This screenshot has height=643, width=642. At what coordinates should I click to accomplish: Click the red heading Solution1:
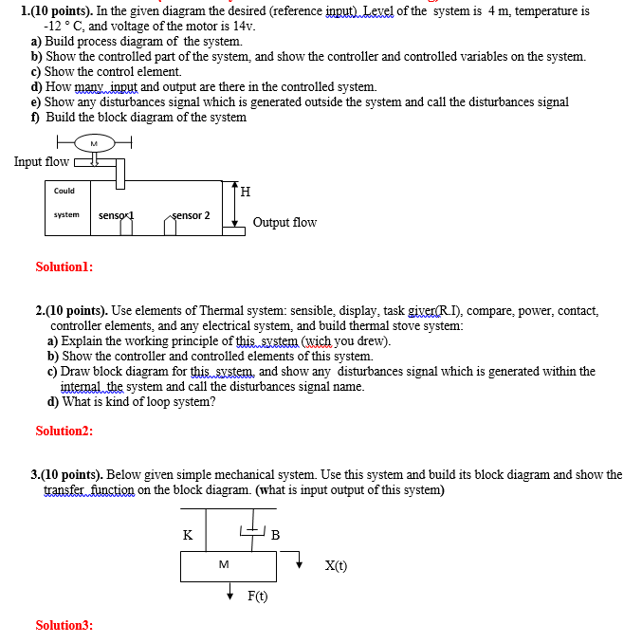click(64, 267)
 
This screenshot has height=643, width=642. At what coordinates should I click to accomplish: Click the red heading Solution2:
click(64, 431)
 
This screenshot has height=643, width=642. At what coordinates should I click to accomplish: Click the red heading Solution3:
click(64, 625)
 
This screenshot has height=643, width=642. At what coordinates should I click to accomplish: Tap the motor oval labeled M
click(93, 143)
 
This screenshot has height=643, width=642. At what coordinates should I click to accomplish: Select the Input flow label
click(42, 161)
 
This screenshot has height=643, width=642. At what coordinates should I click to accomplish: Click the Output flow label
click(284, 222)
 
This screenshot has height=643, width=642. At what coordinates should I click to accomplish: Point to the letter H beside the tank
click(246, 192)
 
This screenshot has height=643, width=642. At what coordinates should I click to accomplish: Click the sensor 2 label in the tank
click(191, 215)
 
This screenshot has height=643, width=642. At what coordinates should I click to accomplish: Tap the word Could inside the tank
click(64, 191)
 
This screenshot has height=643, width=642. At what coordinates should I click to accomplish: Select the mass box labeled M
click(224, 565)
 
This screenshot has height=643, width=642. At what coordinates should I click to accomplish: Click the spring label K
click(188, 534)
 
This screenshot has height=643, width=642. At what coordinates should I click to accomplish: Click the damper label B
click(275, 535)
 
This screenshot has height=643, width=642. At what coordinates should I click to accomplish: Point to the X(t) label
click(336, 566)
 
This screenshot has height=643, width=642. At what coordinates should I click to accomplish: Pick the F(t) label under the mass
click(257, 596)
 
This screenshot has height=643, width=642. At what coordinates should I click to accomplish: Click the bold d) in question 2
click(54, 401)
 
